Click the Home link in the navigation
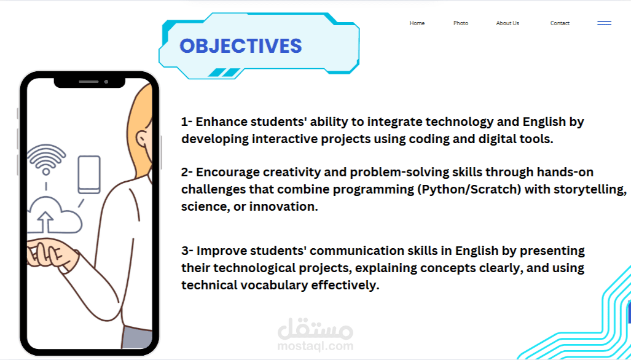pyautogui.click(x=417, y=23)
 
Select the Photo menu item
pyautogui.click(x=461, y=23)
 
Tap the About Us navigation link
pyautogui.click(x=508, y=23)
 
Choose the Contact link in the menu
pyautogui.click(x=560, y=23)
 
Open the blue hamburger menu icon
pyautogui.click(x=604, y=23)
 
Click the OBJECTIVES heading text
pyautogui.click(x=241, y=46)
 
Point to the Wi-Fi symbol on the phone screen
pyautogui.click(x=46, y=159)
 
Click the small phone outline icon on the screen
pyautogui.click(x=89, y=174)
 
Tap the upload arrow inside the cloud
pyautogui.click(x=45, y=222)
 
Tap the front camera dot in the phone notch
pyautogui.click(x=106, y=82)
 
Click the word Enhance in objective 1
pyautogui.click(x=221, y=122)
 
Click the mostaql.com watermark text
pyautogui.click(x=315, y=346)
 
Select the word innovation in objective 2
pyautogui.click(x=284, y=206)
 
